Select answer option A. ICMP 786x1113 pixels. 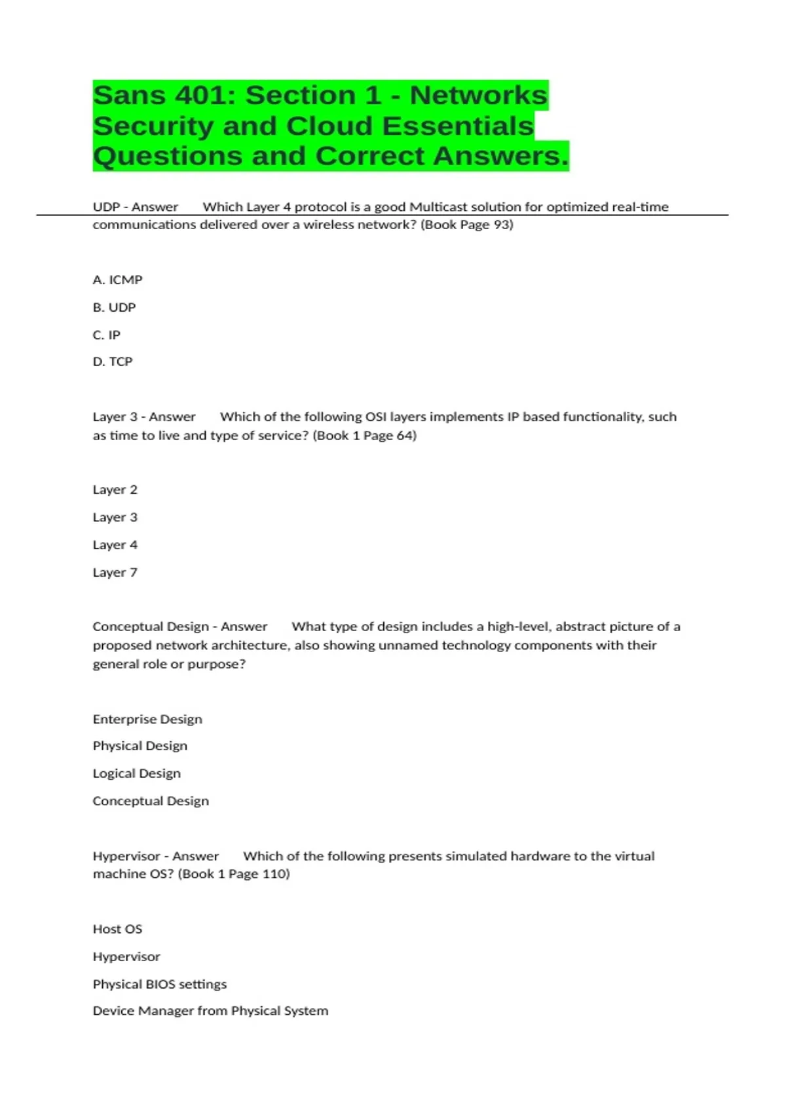pos(118,280)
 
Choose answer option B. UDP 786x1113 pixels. pos(115,308)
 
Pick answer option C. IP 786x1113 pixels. pos(107,335)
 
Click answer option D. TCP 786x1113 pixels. pos(113,362)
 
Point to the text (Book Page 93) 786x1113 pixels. pos(467,225)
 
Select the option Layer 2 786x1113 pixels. pos(115,490)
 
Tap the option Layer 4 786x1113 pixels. pos(115,545)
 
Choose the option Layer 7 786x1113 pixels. pos(115,573)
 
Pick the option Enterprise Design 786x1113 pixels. pos(147,720)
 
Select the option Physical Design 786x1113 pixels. pos(140,746)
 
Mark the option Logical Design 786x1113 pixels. pos(137,774)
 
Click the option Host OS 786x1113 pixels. pos(117,929)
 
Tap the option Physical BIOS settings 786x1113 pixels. pos(160,985)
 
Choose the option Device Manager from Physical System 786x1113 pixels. pos(210,1011)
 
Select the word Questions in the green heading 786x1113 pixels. pos(167,156)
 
